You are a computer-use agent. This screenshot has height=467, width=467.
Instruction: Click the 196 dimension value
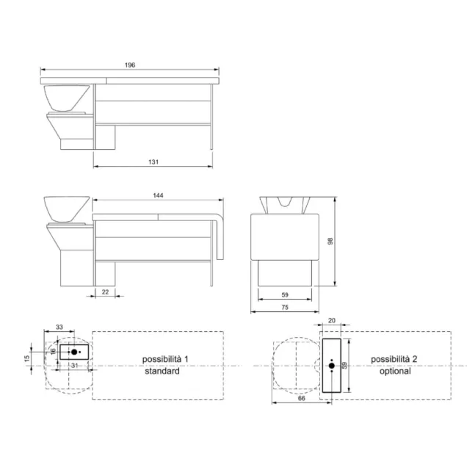(x=130, y=65)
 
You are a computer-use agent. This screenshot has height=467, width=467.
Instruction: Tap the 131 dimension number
(x=153, y=162)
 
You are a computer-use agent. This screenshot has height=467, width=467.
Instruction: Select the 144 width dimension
(x=158, y=195)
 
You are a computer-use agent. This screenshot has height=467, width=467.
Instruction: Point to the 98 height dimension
(x=330, y=241)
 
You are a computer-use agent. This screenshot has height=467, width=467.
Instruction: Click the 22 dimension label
(x=105, y=292)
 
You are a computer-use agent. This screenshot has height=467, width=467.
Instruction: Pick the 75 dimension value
(x=285, y=307)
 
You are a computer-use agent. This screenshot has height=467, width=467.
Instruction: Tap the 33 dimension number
(x=59, y=327)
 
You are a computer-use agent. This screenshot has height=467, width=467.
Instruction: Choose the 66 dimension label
(x=301, y=398)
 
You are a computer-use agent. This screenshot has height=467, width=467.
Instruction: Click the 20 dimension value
(x=331, y=320)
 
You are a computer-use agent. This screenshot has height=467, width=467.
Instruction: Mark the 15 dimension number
(x=27, y=358)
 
